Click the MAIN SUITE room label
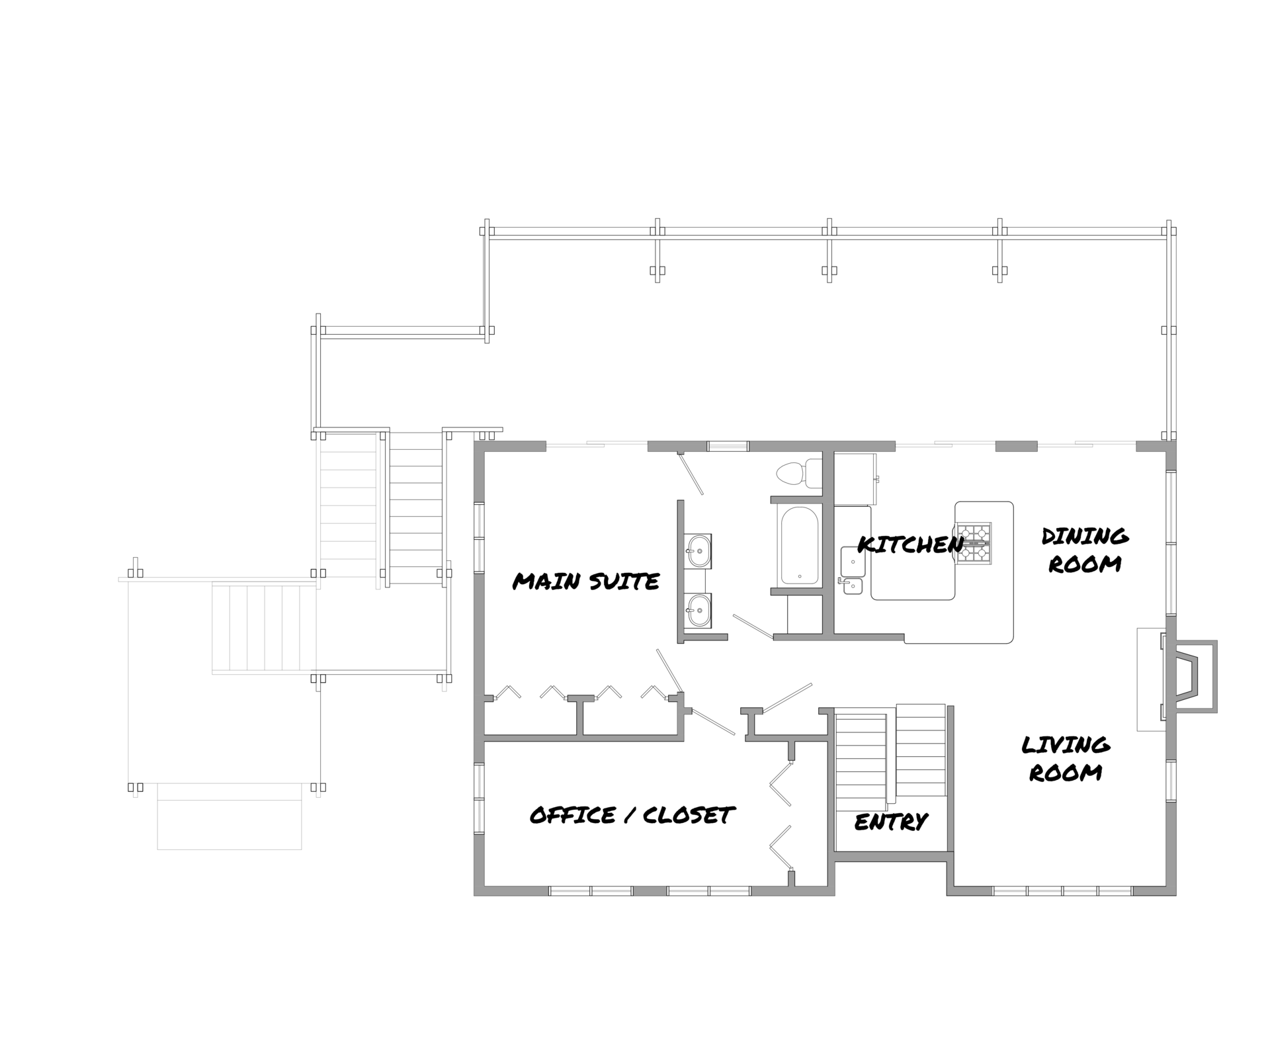[x=586, y=582]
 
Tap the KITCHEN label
[x=910, y=544]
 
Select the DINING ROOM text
[x=1085, y=550]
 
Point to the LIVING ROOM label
[x=1066, y=758]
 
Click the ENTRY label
[x=891, y=822]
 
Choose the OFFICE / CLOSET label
[x=632, y=815]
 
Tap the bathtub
[x=800, y=545]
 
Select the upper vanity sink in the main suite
[x=698, y=550]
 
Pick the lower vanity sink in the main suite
[x=698, y=609]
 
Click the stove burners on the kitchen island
[x=974, y=543]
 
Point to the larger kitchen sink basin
[x=853, y=562]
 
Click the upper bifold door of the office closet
[x=781, y=784]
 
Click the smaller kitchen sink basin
[x=854, y=586]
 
